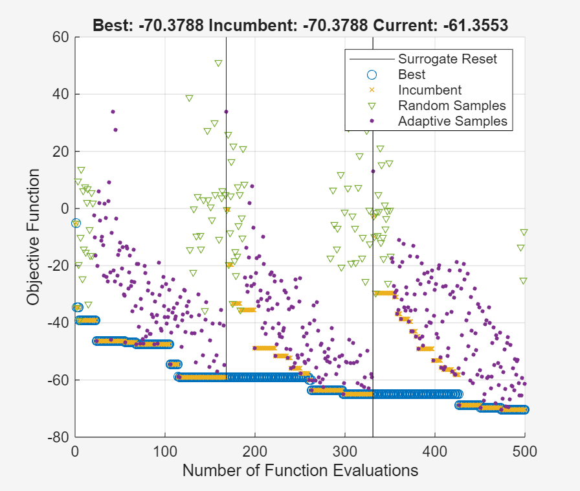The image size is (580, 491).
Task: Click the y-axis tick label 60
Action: click(x=61, y=37)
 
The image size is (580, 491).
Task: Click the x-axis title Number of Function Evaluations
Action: click(x=300, y=471)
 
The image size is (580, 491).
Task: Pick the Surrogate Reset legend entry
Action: click(x=447, y=59)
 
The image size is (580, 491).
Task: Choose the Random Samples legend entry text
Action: click(x=452, y=106)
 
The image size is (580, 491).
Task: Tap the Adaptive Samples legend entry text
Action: click(x=454, y=121)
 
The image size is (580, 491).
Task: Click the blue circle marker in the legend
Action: click(x=372, y=74)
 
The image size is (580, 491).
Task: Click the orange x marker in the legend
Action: click(x=372, y=90)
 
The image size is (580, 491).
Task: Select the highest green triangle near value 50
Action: click(x=219, y=63)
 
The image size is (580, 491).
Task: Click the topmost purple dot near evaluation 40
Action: click(x=113, y=112)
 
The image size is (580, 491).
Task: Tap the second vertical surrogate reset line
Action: click(x=373, y=259)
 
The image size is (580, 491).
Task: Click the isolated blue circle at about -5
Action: click(x=76, y=223)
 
